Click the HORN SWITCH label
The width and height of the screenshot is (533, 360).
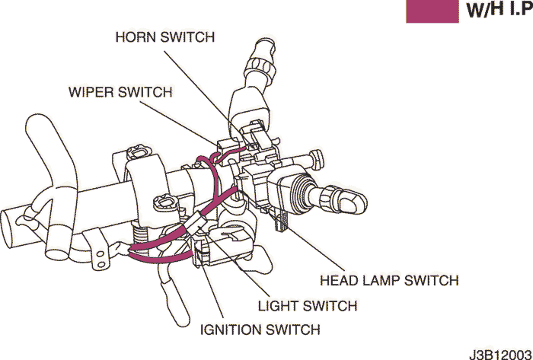pyautogui.click(x=164, y=37)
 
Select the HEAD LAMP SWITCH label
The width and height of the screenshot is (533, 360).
pyautogui.click(x=389, y=280)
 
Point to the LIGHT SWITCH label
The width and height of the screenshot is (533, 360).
pyautogui.click(x=308, y=306)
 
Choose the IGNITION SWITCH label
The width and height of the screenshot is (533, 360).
pyautogui.click(x=260, y=330)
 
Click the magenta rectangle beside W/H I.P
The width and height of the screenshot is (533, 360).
pyautogui.click(x=432, y=11)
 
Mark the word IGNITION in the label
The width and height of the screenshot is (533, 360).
pyautogui.click(x=232, y=330)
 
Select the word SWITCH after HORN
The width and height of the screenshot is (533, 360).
pyautogui.click(x=190, y=37)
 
